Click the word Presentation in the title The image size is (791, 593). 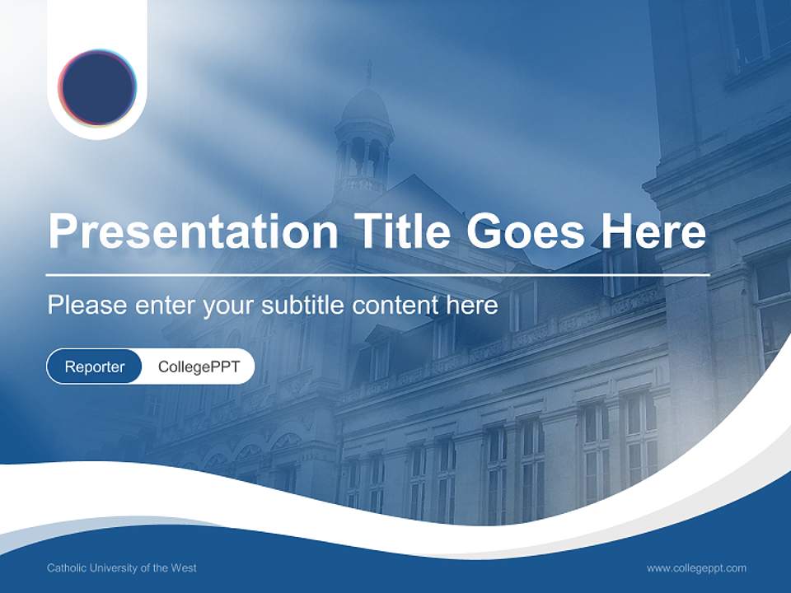click(x=193, y=232)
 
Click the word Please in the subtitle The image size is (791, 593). click(x=82, y=306)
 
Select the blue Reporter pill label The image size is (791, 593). click(x=94, y=367)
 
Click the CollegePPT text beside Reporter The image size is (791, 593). click(x=199, y=367)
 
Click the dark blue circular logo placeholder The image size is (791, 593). click(x=97, y=87)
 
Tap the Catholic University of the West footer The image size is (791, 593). click(x=122, y=568)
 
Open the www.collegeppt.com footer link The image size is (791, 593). click(x=696, y=568)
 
